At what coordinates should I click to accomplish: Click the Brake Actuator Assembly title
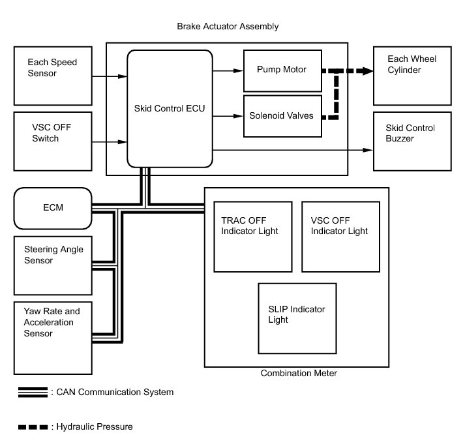pyautogui.click(x=228, y=26)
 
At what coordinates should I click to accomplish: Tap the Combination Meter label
pyautogui.click(x=299, y=373)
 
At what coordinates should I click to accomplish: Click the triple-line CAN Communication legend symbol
pyautogui.click(x=33, y=392)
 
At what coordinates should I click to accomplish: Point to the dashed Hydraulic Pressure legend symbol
pyautogui.click(x=33, y=427)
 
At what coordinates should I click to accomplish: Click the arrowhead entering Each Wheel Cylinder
pyautogui.click(x=368, y=71)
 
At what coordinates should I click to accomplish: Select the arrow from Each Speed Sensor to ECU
pyautogui.click(x=110, y=76)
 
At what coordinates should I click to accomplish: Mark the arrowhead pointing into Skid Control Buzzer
pyautogui.click(x=368, y=150)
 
